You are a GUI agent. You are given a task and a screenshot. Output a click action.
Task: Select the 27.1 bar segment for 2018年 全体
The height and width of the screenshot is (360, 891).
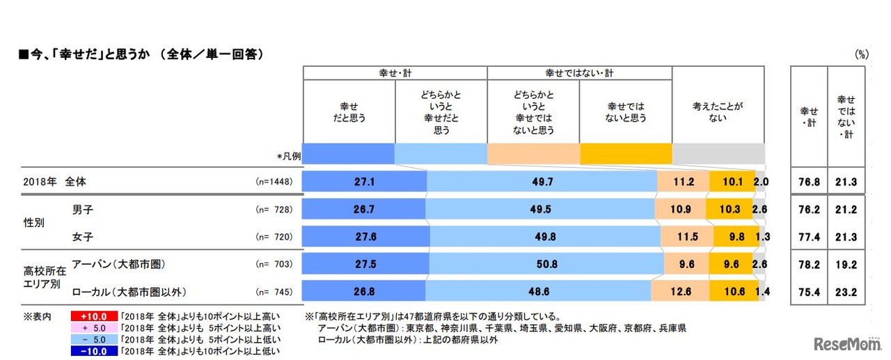364,182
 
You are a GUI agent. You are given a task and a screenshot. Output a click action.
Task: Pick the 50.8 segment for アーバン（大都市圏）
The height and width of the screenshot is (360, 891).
546,265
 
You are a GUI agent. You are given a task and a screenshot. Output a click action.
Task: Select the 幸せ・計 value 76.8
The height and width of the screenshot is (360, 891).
808,182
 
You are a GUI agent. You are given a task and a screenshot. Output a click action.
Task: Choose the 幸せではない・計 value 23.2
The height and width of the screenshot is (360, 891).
846,292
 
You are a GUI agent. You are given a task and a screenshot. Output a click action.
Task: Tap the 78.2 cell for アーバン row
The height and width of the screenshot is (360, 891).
808,265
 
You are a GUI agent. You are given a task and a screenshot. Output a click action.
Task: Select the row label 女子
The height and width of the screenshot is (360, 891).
83,236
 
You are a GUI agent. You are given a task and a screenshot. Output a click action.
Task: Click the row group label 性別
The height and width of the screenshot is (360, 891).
34,223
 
